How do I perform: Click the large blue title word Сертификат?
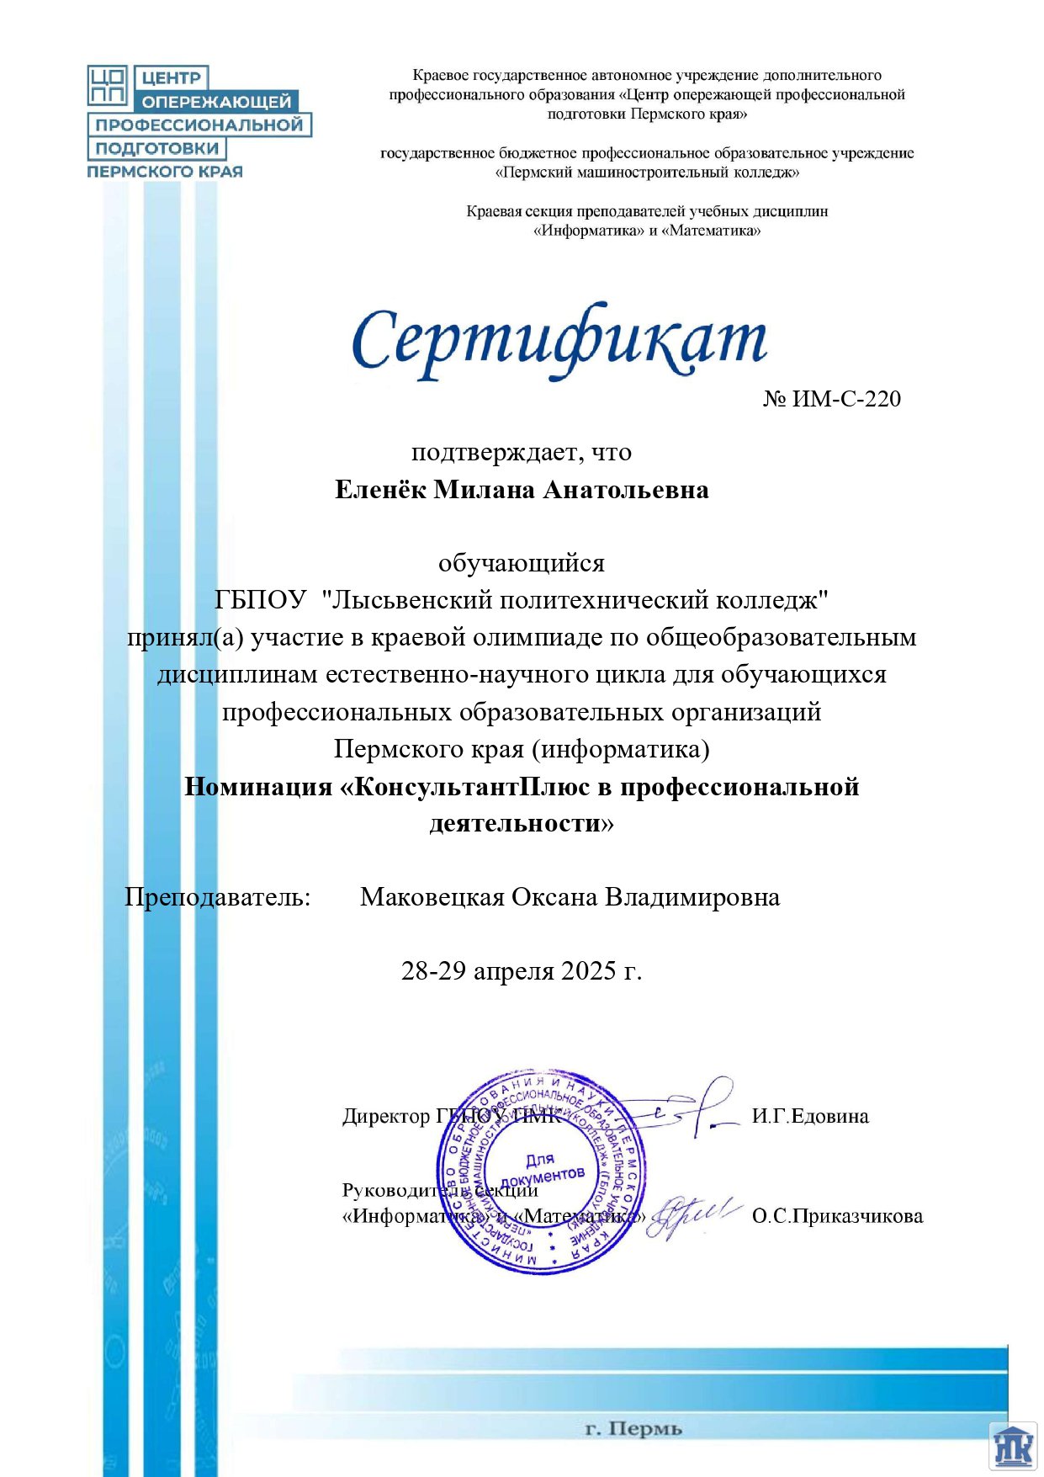pos(559,341)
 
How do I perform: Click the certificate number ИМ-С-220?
pos(846,399)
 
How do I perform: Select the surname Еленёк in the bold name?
pos(380,490)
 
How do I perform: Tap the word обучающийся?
pos(522,563)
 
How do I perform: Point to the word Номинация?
pos(258,787)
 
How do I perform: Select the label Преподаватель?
pos(218,897)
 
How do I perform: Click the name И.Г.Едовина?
pos(810,1117)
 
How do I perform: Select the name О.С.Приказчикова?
pos(837,1216)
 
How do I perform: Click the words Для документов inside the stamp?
pos(542,1168)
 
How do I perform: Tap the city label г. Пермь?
pos(633,1428)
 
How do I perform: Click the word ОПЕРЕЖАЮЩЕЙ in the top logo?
pos(216,102)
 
